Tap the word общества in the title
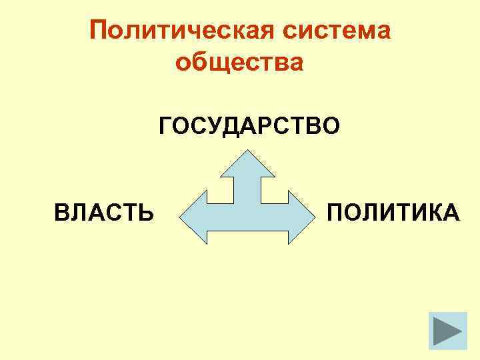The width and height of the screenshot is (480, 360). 239,63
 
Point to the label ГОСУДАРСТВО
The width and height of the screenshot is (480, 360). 249,125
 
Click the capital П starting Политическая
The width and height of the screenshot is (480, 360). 98,31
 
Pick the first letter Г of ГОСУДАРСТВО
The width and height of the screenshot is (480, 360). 165,125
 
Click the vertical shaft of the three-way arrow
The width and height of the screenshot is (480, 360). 248,190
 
